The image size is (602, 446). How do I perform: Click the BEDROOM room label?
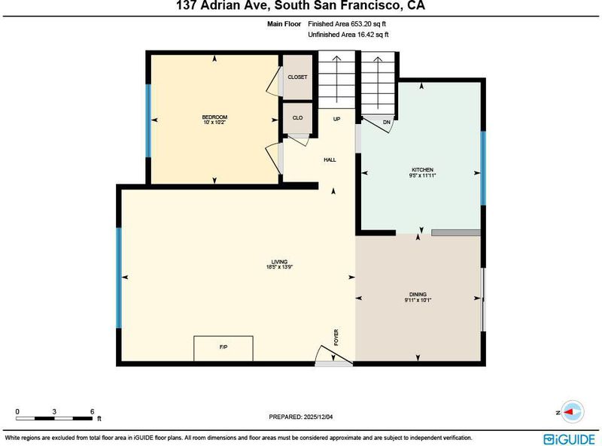(x=214, y=117)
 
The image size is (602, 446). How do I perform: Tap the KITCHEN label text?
(x=422, y=170)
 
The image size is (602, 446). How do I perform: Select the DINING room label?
(x=418, y=294)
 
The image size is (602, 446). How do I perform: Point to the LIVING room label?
(x=279, y=262)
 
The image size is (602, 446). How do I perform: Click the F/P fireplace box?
(x=223, y=348)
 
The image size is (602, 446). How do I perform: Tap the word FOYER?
(x=336, y=338)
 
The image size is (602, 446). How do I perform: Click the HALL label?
(x=330, y=159)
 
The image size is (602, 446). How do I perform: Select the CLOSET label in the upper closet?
(x=297, y=77)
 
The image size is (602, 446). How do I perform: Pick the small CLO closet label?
(x=297, y=118)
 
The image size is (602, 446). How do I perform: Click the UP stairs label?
(x=336, y=119)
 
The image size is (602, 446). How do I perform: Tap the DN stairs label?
(x=387, y=123)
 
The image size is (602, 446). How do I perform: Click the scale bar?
(x=54, y=418)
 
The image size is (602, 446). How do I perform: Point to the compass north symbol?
(x=571, y=412)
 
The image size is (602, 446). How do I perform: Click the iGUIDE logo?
(x=570, y=439)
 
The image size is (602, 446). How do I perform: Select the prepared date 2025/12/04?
(x=318, y=417)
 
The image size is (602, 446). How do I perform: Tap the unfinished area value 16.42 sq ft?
(x=372, y=35)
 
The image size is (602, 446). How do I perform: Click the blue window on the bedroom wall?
(x=148, y=120)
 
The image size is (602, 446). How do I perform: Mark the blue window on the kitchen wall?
(x=483, y=168)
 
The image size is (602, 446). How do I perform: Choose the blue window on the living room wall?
(x=119, y=278)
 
